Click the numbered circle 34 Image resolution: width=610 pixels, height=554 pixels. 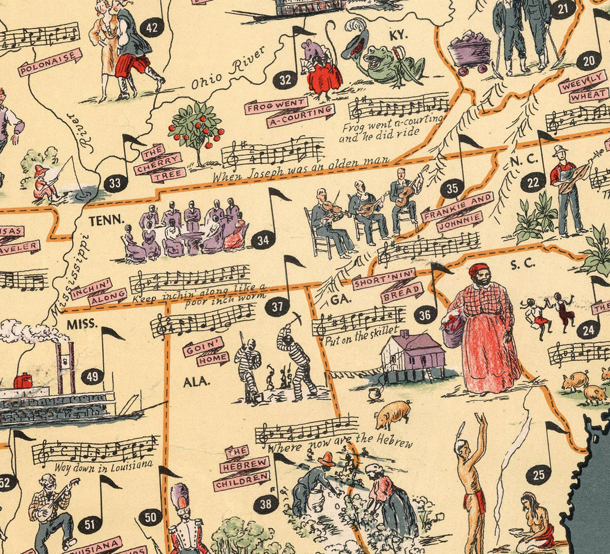pyautogui.click(x=263, y=240)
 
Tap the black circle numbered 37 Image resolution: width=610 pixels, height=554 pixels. pyautogui.click(x=278, y=307)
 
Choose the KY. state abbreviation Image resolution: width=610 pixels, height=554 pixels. pyautogui.click(x=398, y=35)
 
